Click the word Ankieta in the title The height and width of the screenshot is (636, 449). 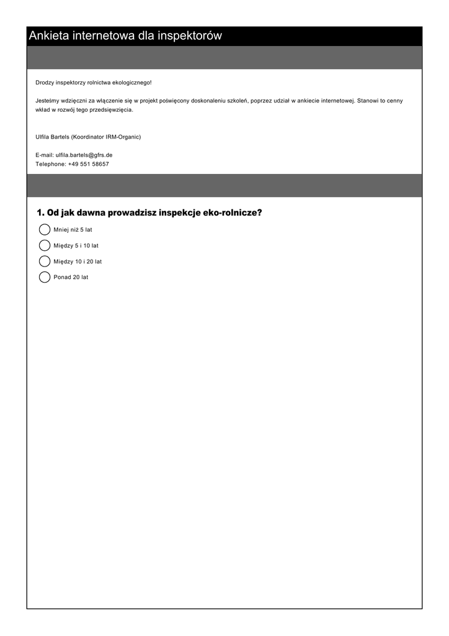[x=49, y=36]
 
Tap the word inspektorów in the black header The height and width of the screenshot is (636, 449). [x=189, y=36]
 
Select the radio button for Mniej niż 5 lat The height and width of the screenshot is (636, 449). [x=45, y=230]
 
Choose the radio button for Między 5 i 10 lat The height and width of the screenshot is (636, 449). [x=45, y=245]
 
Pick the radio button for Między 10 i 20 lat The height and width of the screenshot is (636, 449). [x=45, y=261]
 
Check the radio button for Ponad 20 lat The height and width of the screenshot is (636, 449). [x=45, y=277]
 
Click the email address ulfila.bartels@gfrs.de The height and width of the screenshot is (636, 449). [x=84, y=155]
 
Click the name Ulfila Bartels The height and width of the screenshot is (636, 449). [x=52, y=137]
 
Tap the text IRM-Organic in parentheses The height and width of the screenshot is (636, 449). [x=123, y=137]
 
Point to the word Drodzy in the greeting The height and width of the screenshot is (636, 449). [x=44, y=83]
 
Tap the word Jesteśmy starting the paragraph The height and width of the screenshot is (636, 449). [x=48, y=100]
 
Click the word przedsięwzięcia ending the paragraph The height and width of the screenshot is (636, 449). [x=112, y=109]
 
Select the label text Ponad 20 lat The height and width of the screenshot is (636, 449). [x=71, y=277]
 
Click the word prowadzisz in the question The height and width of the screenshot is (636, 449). [x=131, y=213]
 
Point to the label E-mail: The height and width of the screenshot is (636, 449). [x=45, y=155]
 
